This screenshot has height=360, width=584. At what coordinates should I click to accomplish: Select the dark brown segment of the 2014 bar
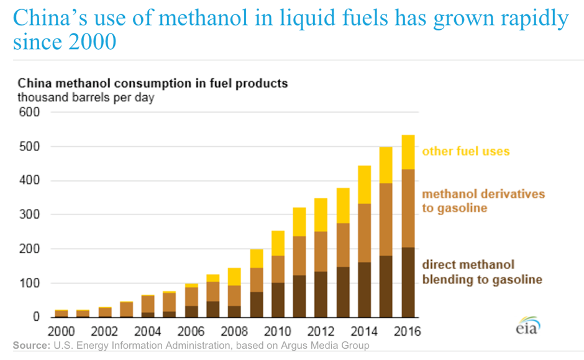click(x=365, y=289)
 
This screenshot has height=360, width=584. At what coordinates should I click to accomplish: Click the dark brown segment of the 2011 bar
click(x=300, y=296)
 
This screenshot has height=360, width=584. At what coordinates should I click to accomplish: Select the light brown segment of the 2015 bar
click(x=386, y=219)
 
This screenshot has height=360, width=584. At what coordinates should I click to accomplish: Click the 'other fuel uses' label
click(x=466, y=151)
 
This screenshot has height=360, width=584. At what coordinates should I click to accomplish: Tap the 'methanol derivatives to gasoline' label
click(x=483, y=201)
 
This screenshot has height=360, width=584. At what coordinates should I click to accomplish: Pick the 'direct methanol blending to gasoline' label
click(x=482, y=272)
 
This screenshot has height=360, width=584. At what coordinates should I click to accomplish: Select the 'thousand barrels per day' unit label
click(x=86, y=98)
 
